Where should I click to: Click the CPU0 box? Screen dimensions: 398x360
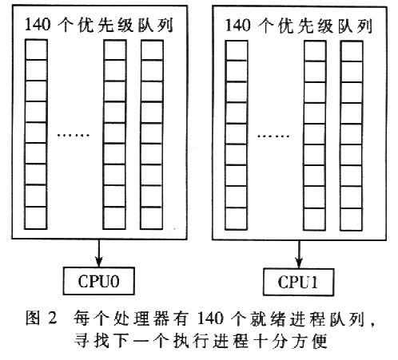[98, 281]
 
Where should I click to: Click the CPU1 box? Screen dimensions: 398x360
[298, 282]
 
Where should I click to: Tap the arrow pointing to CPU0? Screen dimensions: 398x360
[99, 253]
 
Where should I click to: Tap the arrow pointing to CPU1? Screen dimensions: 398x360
[299, 254]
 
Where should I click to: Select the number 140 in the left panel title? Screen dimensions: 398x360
[38, 25]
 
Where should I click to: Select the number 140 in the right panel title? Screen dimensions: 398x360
[238, 26]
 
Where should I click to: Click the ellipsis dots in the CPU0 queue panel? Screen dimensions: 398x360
[74, 135]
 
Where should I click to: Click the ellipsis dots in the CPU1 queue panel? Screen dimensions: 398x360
[273, 136]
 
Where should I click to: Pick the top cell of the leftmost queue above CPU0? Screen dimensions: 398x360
[36, 49]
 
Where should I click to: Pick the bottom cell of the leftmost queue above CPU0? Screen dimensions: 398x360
[36, 218]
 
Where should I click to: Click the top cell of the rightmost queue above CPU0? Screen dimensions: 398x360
[152, 50]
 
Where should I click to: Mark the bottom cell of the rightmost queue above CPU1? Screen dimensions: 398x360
[351, 220]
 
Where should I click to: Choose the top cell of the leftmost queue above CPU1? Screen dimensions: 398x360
[237, 50]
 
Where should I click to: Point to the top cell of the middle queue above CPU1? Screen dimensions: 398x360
[315, 51]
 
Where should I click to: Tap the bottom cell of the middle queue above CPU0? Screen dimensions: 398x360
[114, 218]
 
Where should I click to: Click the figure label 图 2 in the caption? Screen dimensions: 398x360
[42, 318]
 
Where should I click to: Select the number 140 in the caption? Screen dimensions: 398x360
[210, 318]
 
